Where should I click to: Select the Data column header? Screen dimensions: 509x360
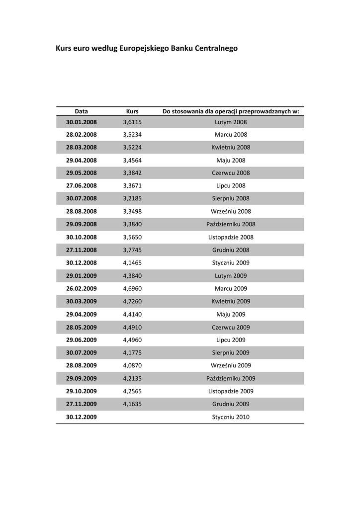click(82, 111)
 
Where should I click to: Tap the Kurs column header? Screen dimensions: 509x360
click(132, 111)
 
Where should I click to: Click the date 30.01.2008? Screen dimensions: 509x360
click(82, 122)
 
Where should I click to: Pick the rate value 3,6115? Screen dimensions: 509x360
click(132, 122)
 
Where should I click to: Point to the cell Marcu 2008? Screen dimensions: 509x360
click(231, 135)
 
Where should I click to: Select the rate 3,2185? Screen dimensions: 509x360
click(132, 198)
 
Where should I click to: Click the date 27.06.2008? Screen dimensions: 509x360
click(82, 186)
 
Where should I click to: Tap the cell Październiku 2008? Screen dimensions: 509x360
click(231, 224)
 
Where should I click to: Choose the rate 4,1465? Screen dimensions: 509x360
click(132, 263)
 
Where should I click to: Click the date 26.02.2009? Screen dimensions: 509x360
click(82, 288)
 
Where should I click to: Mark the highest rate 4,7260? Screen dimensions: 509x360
click(132, 301)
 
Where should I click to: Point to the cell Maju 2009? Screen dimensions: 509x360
click(231, 314)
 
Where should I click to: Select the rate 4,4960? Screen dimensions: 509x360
click(132, 340)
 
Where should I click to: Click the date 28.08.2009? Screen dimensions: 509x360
click(82, 365)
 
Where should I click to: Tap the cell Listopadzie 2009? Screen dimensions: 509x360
click(231, 391)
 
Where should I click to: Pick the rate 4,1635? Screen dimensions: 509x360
click(132, 404)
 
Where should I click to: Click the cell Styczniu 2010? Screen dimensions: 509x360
click(231, 417)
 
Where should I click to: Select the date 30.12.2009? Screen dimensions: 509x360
click(82, 417)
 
